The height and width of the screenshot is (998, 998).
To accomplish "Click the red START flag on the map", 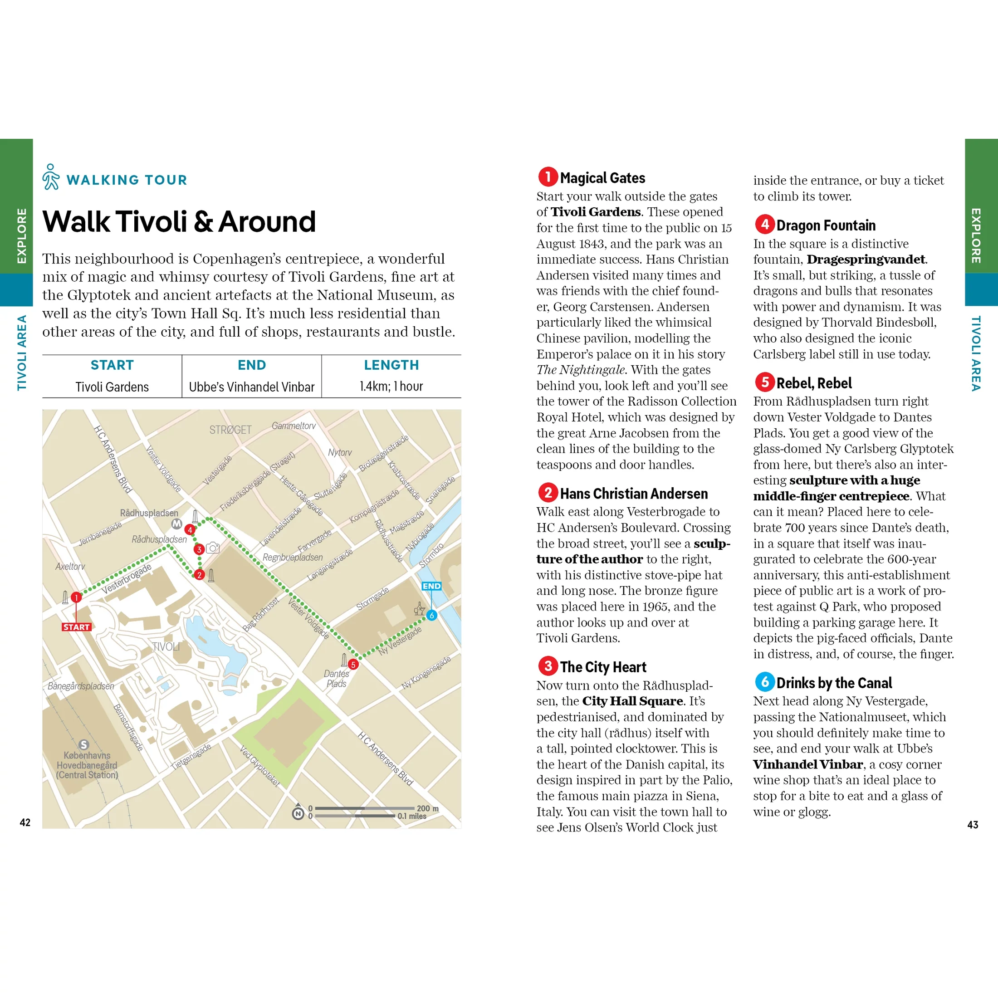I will [x=77, y=627].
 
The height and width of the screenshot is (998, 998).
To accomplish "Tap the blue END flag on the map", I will [x=431, y=586].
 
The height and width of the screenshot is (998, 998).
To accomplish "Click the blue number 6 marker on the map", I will [x=431, y=615].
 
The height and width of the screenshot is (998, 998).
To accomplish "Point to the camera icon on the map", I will [x=213, y=548].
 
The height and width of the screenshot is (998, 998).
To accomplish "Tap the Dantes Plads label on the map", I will [x=336, y=679].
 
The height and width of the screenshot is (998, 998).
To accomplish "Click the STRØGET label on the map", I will [x=230, y=430].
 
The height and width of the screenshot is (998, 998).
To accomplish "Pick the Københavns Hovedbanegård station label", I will [x=87, y=765].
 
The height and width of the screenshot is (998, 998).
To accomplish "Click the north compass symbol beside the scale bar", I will [x=298, y=813].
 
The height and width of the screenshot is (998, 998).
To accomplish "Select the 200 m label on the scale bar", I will [x=428, y=808].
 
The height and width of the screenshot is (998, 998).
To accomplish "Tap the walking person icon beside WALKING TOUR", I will [x=51, y=177].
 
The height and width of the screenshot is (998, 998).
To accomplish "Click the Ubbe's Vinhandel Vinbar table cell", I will [x=252, y=387].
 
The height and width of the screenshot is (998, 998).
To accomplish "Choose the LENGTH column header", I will [x=391, y=365].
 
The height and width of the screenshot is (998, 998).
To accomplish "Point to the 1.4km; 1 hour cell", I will [x=391, y=386].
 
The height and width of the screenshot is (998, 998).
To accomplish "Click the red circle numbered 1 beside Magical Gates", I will [x=548, y=176].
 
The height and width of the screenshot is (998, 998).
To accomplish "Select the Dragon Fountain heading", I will [x=826, y=225].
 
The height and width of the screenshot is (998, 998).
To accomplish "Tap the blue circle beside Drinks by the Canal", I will [x=764, y=682].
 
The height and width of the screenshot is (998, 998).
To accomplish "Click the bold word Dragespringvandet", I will [x=866, y=259].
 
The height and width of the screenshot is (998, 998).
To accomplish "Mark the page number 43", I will [x=972, y=824].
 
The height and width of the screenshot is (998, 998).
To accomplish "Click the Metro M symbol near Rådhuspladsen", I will [x=176, y=524].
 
